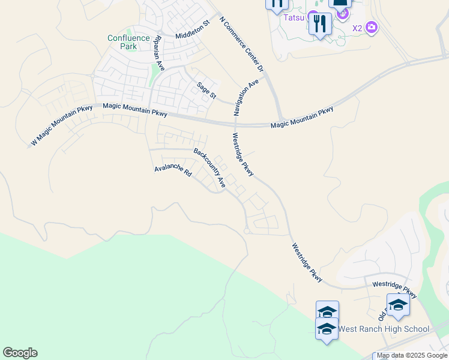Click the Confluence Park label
(128, 42)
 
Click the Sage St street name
(207, 90)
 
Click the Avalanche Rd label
(173, 170)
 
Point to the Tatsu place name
(294, 17)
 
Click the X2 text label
(357, 28)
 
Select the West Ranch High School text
(384, 329)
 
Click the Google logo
(20, 353)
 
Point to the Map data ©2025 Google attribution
(412, 356)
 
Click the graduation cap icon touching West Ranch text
(327, 329)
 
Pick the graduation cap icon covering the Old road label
(398, 305)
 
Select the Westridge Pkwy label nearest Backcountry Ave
(244, 155)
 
